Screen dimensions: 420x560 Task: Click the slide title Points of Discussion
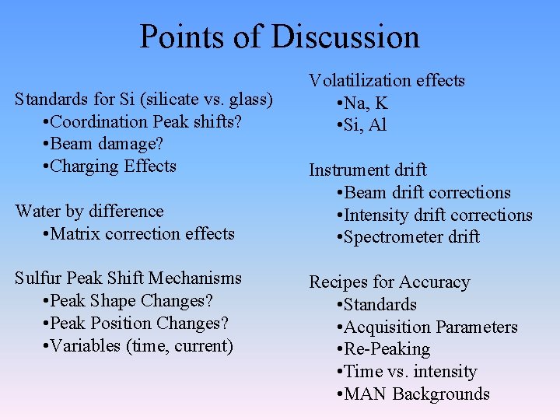click(279, 37)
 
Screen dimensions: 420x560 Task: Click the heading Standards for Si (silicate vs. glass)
click(144, 100)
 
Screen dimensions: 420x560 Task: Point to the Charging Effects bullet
click(110, 166)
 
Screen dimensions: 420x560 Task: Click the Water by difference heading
click(89, 212)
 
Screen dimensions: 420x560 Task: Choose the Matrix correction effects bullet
click(139, 233)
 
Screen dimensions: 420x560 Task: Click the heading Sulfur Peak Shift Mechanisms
click(128, 278)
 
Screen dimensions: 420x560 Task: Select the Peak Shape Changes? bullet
click(128, 301)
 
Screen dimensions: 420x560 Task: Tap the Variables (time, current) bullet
click(138, 345)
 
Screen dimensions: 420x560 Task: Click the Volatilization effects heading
click(387, 81)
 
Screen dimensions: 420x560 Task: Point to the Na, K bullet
click(362, 103)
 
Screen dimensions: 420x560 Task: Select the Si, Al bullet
click(361, 125)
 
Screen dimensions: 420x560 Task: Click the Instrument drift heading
click(368, 170)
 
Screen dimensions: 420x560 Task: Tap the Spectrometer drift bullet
click(408, 237)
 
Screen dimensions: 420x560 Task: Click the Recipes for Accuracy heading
click(390, 282)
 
